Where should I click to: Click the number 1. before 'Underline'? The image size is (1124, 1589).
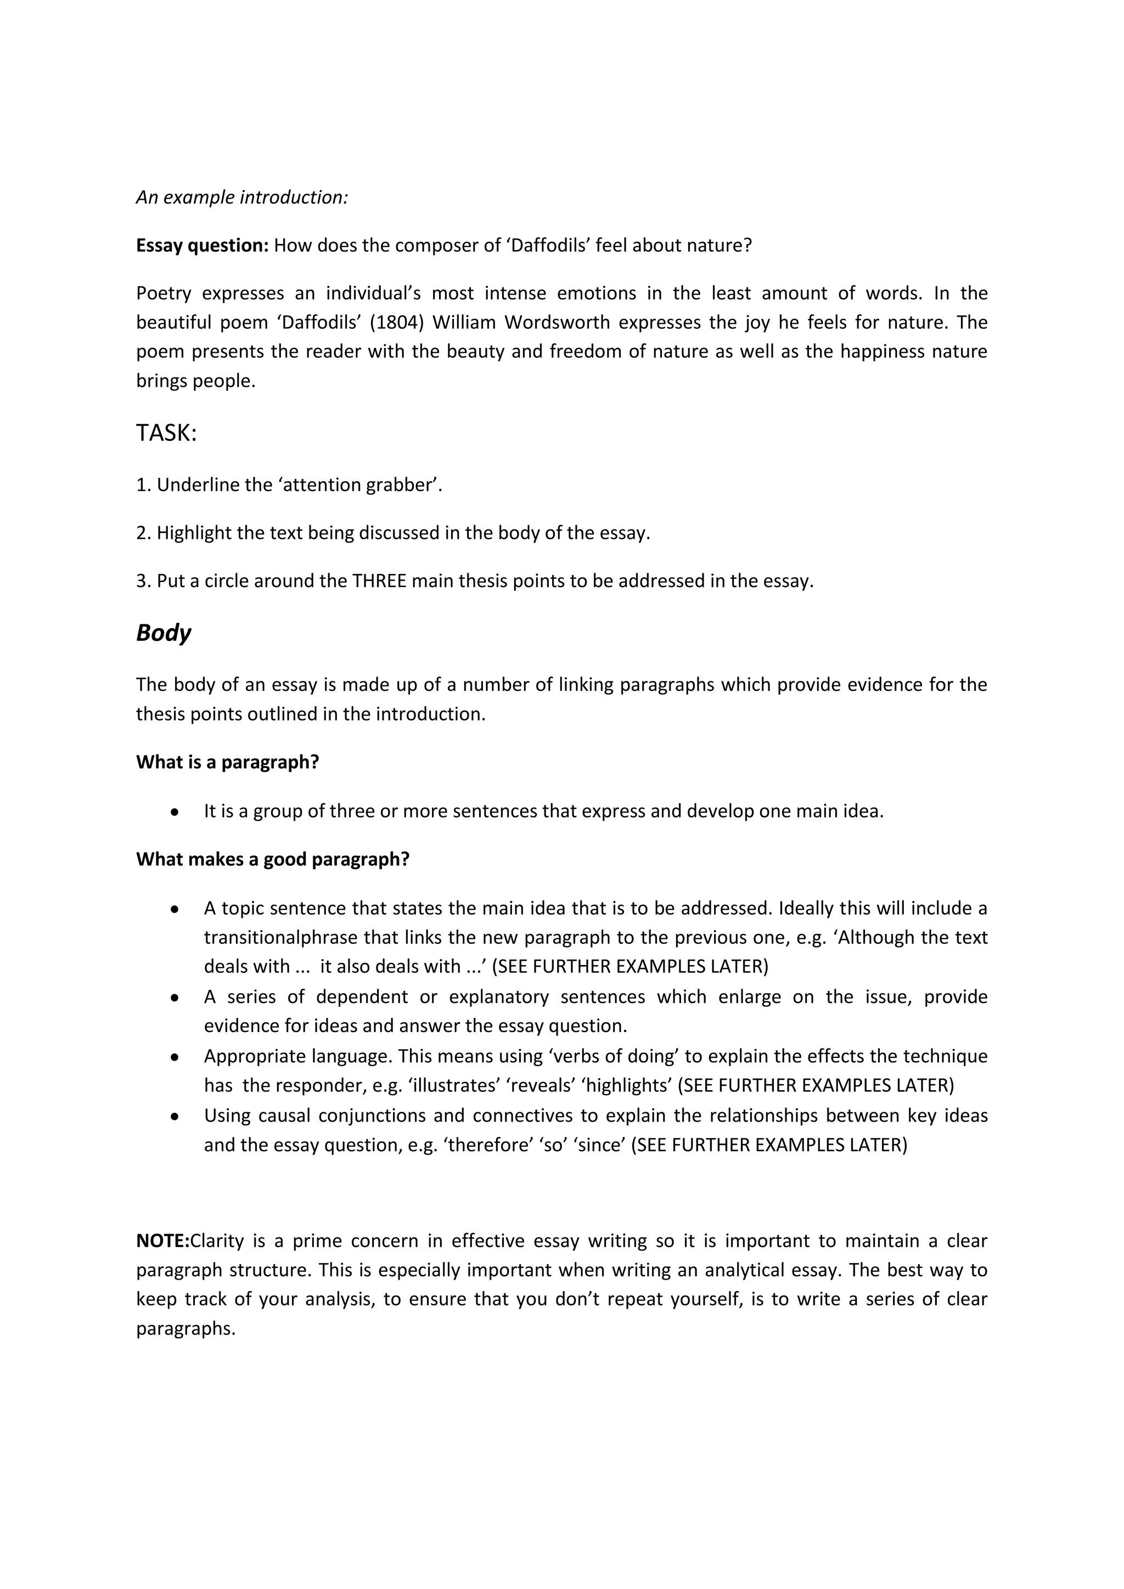coord(143,485)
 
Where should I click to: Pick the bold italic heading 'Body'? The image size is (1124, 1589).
coord(164,633)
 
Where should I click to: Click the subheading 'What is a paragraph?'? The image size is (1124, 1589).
coord(227,762)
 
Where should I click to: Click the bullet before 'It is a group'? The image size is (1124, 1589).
coord(175,812)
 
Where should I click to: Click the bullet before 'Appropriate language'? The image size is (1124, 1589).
coord(175,1057)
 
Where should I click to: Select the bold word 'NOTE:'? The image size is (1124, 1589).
coord(162,1241)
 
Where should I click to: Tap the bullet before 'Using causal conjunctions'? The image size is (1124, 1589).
coord(175,1117)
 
